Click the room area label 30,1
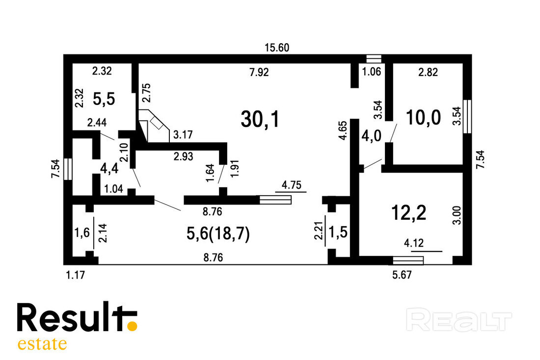click(x=260, y=119)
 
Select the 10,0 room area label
click(x=423, y=117)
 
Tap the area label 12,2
click(x=409, y=212)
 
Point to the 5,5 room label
click(x=104, y=99)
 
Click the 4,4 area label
click(x=109, y=169)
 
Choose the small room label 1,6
click(x=82, y=233)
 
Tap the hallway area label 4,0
click(x=371, y=135)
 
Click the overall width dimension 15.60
click(x=277, y=48)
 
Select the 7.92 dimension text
click(x=259, y=72)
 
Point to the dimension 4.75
click(x=291, y=185)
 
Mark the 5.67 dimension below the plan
click(x=402, y=275)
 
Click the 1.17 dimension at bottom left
click(x=75, y=275)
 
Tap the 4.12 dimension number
click(x=414, y=243)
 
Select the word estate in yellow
click(x=42, y=344)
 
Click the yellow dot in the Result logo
click(x=132, y=326)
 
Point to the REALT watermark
click(x=459, y=320)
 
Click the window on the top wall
click(x=374, y=59)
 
